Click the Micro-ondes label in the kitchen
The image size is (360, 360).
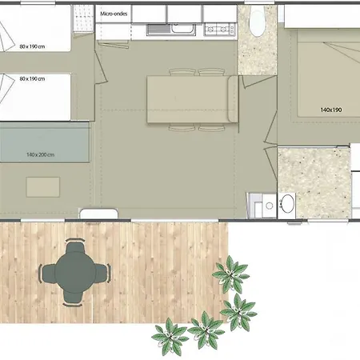tap(114, 14)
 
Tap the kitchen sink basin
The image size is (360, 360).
tap(183, 28)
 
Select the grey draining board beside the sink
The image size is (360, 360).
tap(159, 29)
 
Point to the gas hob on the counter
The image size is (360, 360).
tap(220, 29)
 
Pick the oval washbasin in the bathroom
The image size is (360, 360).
tap(287, 204)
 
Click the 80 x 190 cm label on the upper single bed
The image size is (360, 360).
tap(32, 46)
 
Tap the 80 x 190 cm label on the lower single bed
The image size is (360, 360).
tap(32, 78)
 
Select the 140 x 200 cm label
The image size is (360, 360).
tap(41, 154)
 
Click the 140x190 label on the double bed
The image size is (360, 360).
tap(331, 110)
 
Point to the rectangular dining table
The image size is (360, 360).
tap(188, 99)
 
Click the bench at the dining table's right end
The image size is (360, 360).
tap(233, 99)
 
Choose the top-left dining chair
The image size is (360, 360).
tap(182, 72)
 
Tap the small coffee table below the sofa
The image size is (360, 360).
tap(43, 187)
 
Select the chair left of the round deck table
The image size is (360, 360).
tap(48, 273)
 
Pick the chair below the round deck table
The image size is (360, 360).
tap(73, 298)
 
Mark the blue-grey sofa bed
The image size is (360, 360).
tap(45, 142)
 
